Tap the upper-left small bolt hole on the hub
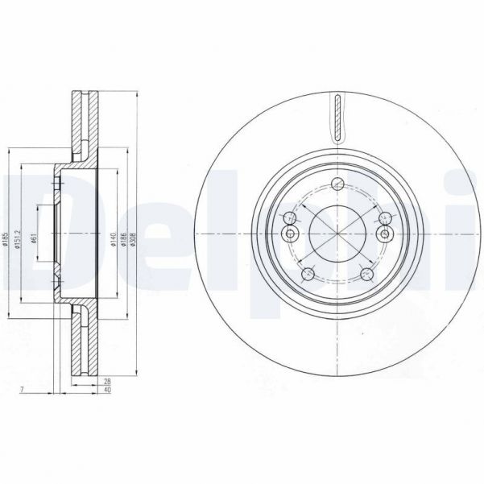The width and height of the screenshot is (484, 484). click(288, 216)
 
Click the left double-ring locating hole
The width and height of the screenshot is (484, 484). click(291, 234)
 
